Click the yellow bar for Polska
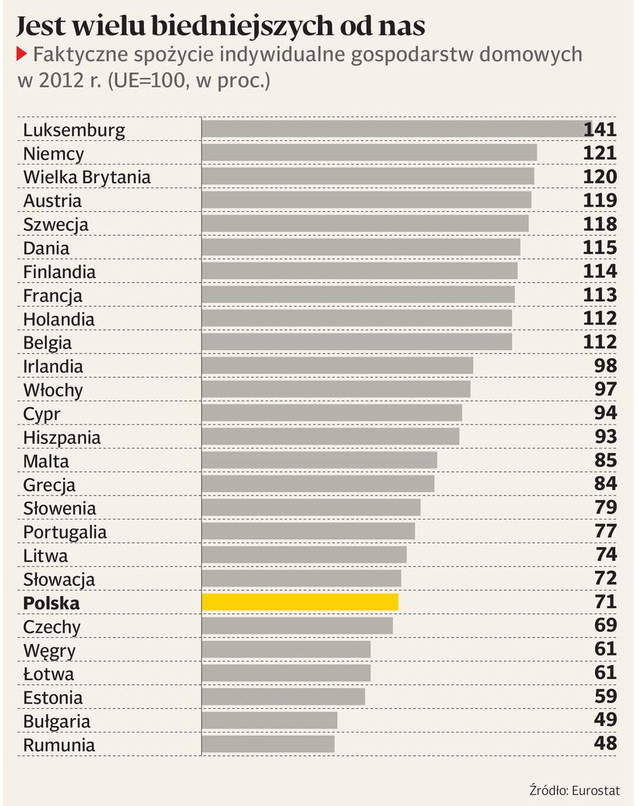click(x=299, y=603)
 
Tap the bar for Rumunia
click(x=268, y=744)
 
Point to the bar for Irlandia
click(x=337, y=366)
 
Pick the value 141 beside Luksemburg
click(x=600, y=129)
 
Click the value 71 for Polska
click(x=605, y=602)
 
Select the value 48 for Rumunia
click(x=605, y=744)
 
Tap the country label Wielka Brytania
click(x=87, y=177)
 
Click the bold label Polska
click(x=52, y=603)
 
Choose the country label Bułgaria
click(x=57, y=721)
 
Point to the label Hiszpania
click(x=62, y=438)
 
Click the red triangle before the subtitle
click(x=21, y=54)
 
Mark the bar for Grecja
click(x=318, y=484)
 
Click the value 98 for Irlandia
click(x=605, y=366)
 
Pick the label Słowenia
click(x=60, y=509)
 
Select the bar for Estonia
click(x=283, y=697)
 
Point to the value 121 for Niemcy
click(x=600, y=153)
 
